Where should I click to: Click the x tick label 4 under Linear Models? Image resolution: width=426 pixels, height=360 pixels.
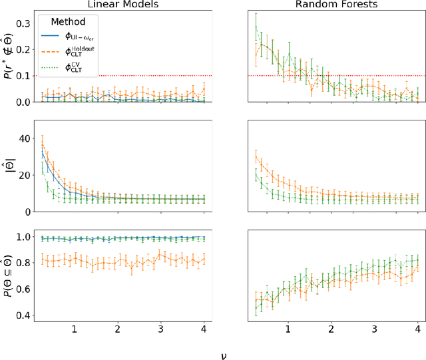pyautogui.click(x=204, y=329)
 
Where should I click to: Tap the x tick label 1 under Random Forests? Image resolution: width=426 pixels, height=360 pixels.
pyautogui.click(x=288, y=329)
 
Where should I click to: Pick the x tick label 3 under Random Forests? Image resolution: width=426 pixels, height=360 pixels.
pyautogui.click(x=375, y=329)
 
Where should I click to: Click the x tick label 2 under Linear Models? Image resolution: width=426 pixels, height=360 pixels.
pyautogui.click(x=117, y=329)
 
